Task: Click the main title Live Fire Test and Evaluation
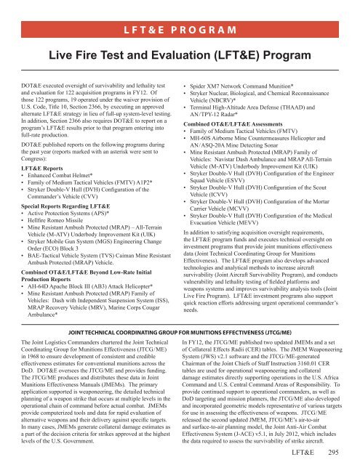pos(180,35)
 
